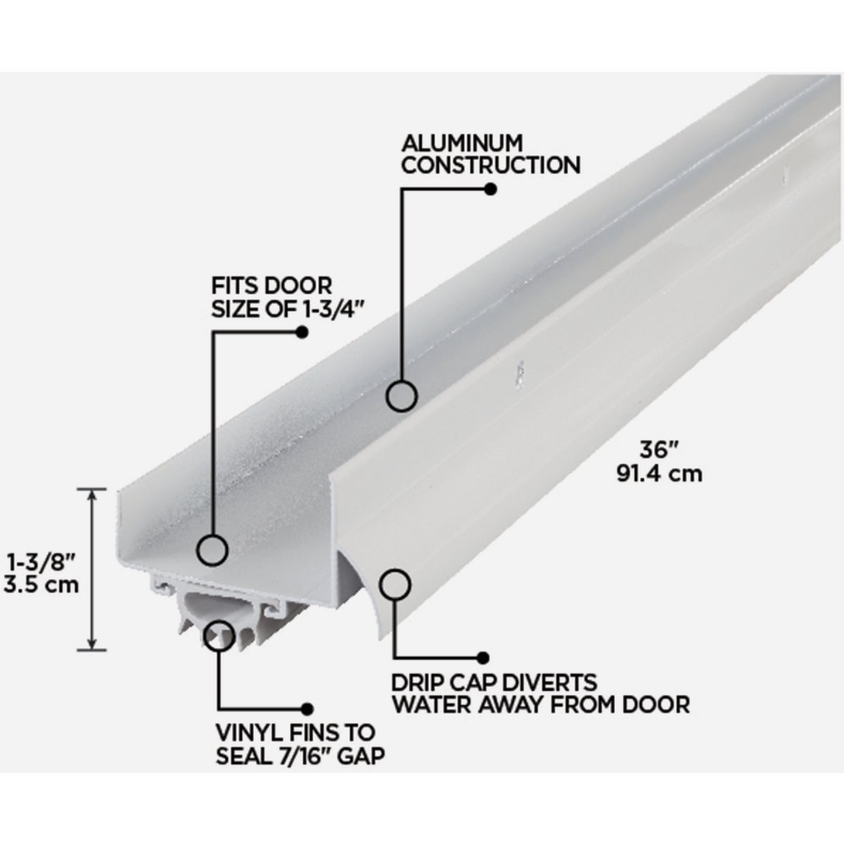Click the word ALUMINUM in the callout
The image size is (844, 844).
point(462,143)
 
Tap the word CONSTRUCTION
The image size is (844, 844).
point(490,165)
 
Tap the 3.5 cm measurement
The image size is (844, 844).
point(41,584)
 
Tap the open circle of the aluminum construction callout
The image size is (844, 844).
point(401,396)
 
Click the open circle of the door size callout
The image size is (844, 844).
point(213,549)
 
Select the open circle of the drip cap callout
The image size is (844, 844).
point(395,584)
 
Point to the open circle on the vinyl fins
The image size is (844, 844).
point(219,634)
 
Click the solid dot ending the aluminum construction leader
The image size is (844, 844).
point(490,189)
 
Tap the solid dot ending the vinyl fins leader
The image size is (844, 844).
point(305,708)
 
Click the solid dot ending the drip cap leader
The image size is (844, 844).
point(483,658)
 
